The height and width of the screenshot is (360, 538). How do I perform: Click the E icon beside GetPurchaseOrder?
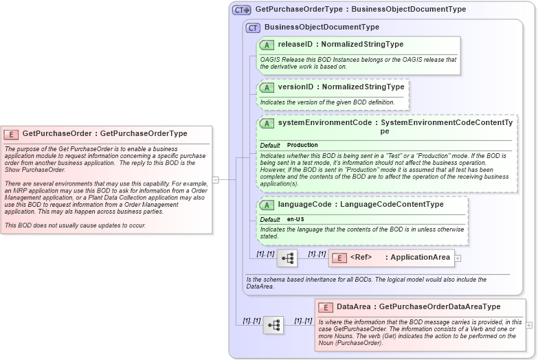pyautogui.click(x=11, y=134)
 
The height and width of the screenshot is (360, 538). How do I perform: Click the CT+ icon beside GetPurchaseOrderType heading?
pyautogui.click(x=241, y=10)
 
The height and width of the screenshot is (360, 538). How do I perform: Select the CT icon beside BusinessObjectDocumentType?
pyautogui.click(x=253, y=27)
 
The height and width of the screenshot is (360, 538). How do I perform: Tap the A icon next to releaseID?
pyautogui.click(x=267, y=45)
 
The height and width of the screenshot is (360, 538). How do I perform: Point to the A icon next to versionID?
pyautogui.click(x=267, y=88)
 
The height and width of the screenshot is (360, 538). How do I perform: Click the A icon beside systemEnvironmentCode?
pyautogui.click(x=267, y=123)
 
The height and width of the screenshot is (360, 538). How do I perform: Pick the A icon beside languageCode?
pyautogui.click(x=267, y=205)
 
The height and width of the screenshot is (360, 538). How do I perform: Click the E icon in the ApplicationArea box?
pyautogui.click(x=339, y=258)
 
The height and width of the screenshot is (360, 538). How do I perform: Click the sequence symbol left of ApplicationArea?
pyautogui.click(x=287, y=258)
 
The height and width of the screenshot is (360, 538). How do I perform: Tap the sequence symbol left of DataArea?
pyautogui.click(x=273, y=325)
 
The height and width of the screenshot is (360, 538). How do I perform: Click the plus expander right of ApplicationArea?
pyautogui.click(x=458, y=258)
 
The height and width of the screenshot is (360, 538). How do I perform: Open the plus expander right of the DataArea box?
pyautogui.click(x=529, y=325)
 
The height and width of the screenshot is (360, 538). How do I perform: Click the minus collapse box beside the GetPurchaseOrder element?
pyautogui.click(x=216, y=180)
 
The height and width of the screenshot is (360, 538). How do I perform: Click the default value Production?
pyautogui.click(x=302, y=146)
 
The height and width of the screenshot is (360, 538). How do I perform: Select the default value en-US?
pyautogui.click(x=296, y=219)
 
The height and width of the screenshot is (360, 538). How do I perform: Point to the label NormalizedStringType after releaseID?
pyautogui.click(x=362, y=45)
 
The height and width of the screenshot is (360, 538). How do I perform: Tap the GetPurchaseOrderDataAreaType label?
pyautogui.click(x=440, y=307)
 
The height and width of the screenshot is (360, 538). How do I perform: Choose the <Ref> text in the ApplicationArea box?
pyautogui.click(x=361, y=258)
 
